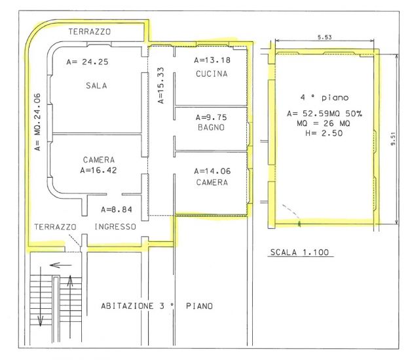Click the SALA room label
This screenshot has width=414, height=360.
[x=96, y=86]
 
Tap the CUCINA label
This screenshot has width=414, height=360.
[x=212, y=73]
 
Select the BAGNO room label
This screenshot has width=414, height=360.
[x=211, y=127]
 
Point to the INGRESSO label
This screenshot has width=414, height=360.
[x=115, y=226]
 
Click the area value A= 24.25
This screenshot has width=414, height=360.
[x=87, y=62]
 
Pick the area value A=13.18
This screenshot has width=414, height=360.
[x=212, y=60]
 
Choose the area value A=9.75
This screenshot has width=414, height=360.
[x=211, y=117]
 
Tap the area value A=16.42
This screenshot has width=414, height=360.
[x=98, y=170]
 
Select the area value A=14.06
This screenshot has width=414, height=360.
[x=212, y=171]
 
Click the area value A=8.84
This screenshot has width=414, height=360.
[x=117, y=210]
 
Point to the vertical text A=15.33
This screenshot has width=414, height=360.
[x=160, y=85]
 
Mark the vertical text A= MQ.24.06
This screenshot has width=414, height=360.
[x=38, y=122]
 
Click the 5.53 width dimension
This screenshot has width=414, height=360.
[x=324, y=37]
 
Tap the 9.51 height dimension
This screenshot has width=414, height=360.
[x=393, y=139]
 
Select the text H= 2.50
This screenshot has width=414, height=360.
[x=324, y=133]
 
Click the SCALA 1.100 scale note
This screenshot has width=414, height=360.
[x=299, y=252]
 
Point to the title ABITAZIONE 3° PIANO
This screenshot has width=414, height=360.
[x=157, y=306]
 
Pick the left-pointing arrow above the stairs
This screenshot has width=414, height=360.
[x=61, y=265]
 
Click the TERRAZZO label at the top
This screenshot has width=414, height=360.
[x=90, y=31]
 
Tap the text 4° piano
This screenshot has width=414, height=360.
[x=324, y=98]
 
